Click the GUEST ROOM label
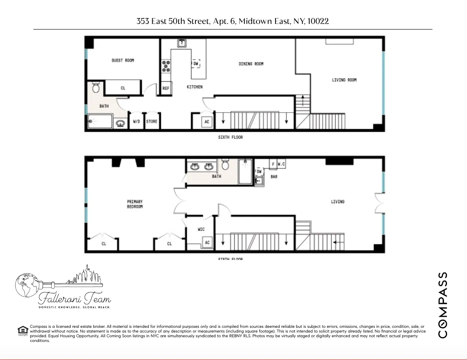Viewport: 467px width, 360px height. (123, 60)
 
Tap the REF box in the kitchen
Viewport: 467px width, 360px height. (166, 89)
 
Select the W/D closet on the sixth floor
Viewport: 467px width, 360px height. (137, 122)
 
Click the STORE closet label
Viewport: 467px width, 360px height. (151, 122)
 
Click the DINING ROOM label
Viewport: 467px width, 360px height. (251, 64)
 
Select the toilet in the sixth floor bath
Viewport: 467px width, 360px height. (96, 87)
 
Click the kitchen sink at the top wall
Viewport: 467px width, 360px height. (181, 43)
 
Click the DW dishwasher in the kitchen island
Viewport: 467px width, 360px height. (196, 63)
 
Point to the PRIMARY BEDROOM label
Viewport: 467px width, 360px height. (135, 204)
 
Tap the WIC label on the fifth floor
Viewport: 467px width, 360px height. (201, 229)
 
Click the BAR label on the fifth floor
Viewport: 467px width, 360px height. (274, 177)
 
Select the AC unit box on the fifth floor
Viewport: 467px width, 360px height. (207, 242)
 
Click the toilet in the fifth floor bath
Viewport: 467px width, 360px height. (225, 165)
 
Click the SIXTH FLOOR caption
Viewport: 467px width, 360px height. (230, 137)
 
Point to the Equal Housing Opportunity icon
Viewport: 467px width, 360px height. (23, 330)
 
